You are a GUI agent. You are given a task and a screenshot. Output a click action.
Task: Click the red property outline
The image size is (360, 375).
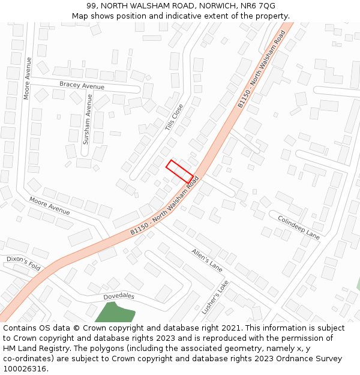[179, 171]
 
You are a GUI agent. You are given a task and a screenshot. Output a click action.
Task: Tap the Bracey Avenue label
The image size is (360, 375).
[82, 86]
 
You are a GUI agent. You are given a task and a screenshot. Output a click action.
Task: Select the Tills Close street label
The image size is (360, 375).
[174, 118]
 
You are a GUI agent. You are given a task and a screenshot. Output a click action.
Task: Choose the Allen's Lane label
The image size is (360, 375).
[207, 260]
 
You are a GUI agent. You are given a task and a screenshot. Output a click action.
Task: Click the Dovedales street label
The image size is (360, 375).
[119, 296]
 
